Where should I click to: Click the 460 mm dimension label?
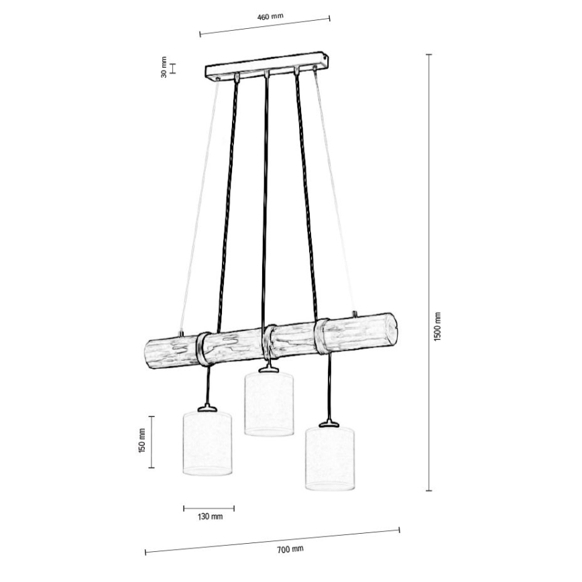265,17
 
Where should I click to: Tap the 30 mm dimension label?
163,69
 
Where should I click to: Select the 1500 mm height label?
437,327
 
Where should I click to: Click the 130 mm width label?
210,516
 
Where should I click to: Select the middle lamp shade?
269,404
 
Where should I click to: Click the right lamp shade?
330,457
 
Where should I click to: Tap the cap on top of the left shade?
207,406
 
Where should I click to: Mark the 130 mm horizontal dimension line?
209,507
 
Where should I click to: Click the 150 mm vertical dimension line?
151,442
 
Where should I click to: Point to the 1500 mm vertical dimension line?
429,272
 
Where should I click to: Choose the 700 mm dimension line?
272,541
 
